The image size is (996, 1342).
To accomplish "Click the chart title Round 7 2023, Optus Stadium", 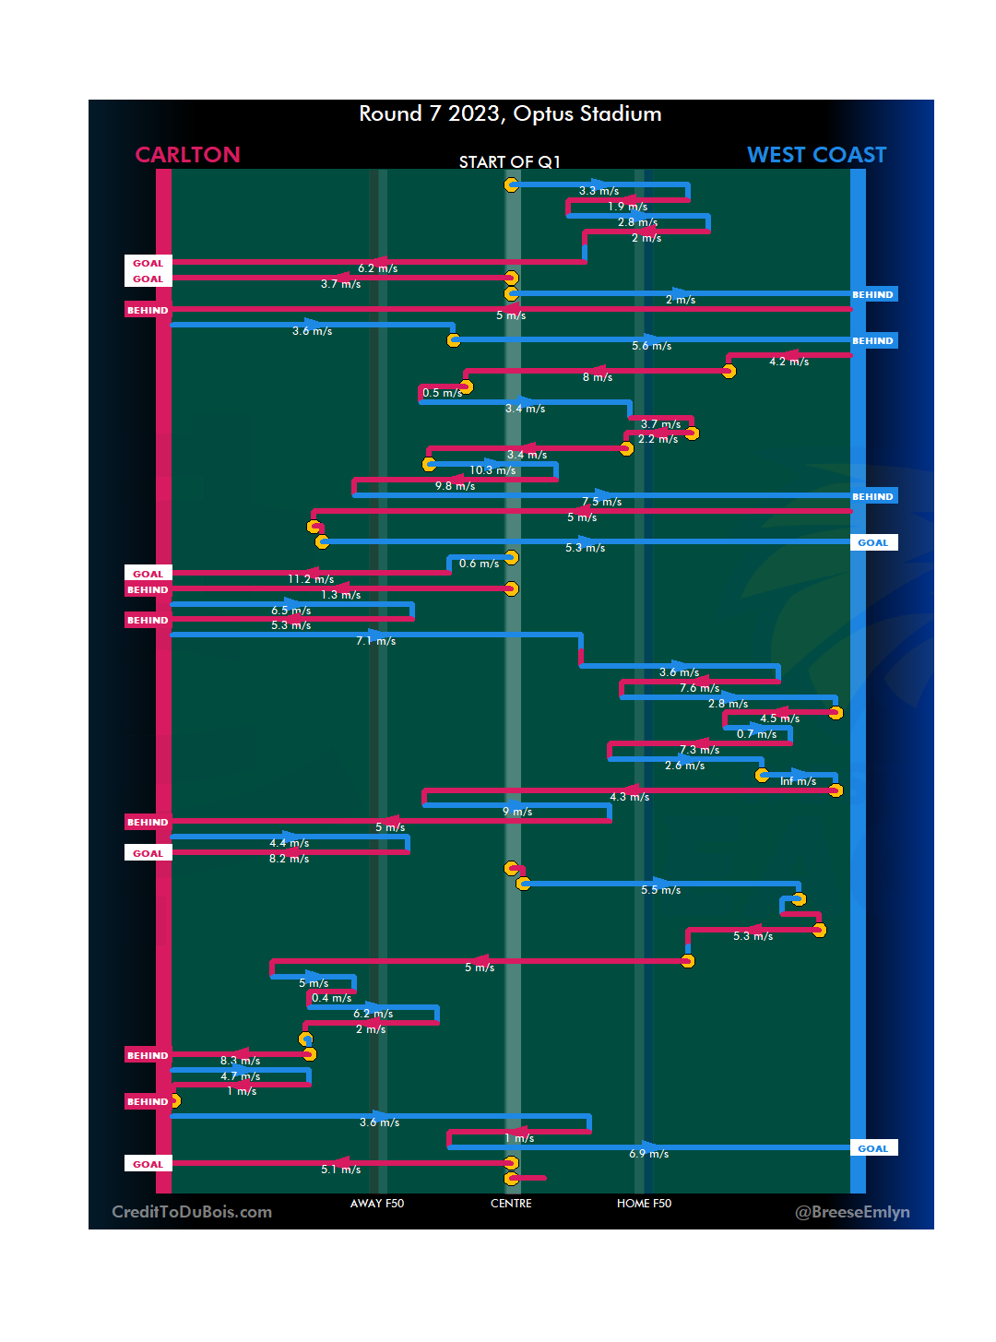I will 510,113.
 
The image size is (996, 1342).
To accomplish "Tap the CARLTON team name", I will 187,155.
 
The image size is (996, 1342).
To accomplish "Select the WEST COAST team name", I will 816,155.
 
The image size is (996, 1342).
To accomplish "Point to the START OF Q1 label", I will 510,162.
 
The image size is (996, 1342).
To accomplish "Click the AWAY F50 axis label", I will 376,1204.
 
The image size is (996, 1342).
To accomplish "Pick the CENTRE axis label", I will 511,1204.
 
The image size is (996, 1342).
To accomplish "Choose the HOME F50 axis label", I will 644,1204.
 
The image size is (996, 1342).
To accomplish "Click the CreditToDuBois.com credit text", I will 192,1212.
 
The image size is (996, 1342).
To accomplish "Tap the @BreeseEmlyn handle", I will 852,1212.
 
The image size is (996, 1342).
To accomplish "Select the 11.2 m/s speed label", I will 311,579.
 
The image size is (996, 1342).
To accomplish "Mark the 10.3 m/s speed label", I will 492,470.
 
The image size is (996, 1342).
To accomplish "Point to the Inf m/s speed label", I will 798,781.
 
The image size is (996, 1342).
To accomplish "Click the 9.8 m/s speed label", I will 455,486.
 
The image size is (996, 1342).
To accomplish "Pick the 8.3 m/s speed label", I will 240,1061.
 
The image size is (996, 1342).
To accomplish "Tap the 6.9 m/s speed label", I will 648,1154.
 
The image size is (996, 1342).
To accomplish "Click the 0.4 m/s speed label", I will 331,998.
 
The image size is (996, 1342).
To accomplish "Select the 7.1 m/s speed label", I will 375,641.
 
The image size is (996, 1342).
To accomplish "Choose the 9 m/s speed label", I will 516,812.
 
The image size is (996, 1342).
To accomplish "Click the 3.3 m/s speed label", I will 599,191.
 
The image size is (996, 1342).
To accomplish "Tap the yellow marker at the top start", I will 511,184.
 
